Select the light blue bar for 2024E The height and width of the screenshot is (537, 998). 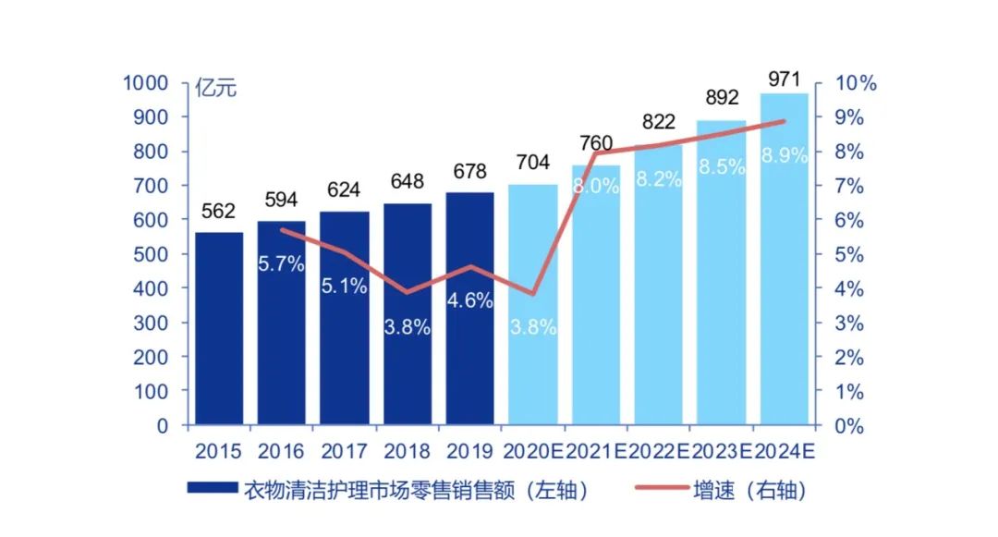coord(784,268)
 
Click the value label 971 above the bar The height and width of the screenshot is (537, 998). coord(784,79)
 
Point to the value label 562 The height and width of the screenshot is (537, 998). coord(218,212)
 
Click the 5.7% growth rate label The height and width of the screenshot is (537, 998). coord(281,263)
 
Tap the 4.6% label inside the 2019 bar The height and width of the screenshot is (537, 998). coord(469,300)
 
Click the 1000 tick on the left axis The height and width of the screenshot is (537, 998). coord(145,83)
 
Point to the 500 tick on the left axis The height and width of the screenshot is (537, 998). coord(152,254)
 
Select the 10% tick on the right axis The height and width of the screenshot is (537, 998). coord(855,83)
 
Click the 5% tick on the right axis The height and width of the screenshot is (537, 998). coord(849,254)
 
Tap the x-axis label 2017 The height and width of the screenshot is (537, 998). coord(344,452)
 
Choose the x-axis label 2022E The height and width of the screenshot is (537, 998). coord(658,452)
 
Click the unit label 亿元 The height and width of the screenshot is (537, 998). coord(215,89)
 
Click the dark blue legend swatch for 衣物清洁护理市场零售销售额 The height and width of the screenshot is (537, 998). coord(212,490)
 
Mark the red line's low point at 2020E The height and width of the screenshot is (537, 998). coord(533,294)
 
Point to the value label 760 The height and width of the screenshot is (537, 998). coord(595,143)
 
